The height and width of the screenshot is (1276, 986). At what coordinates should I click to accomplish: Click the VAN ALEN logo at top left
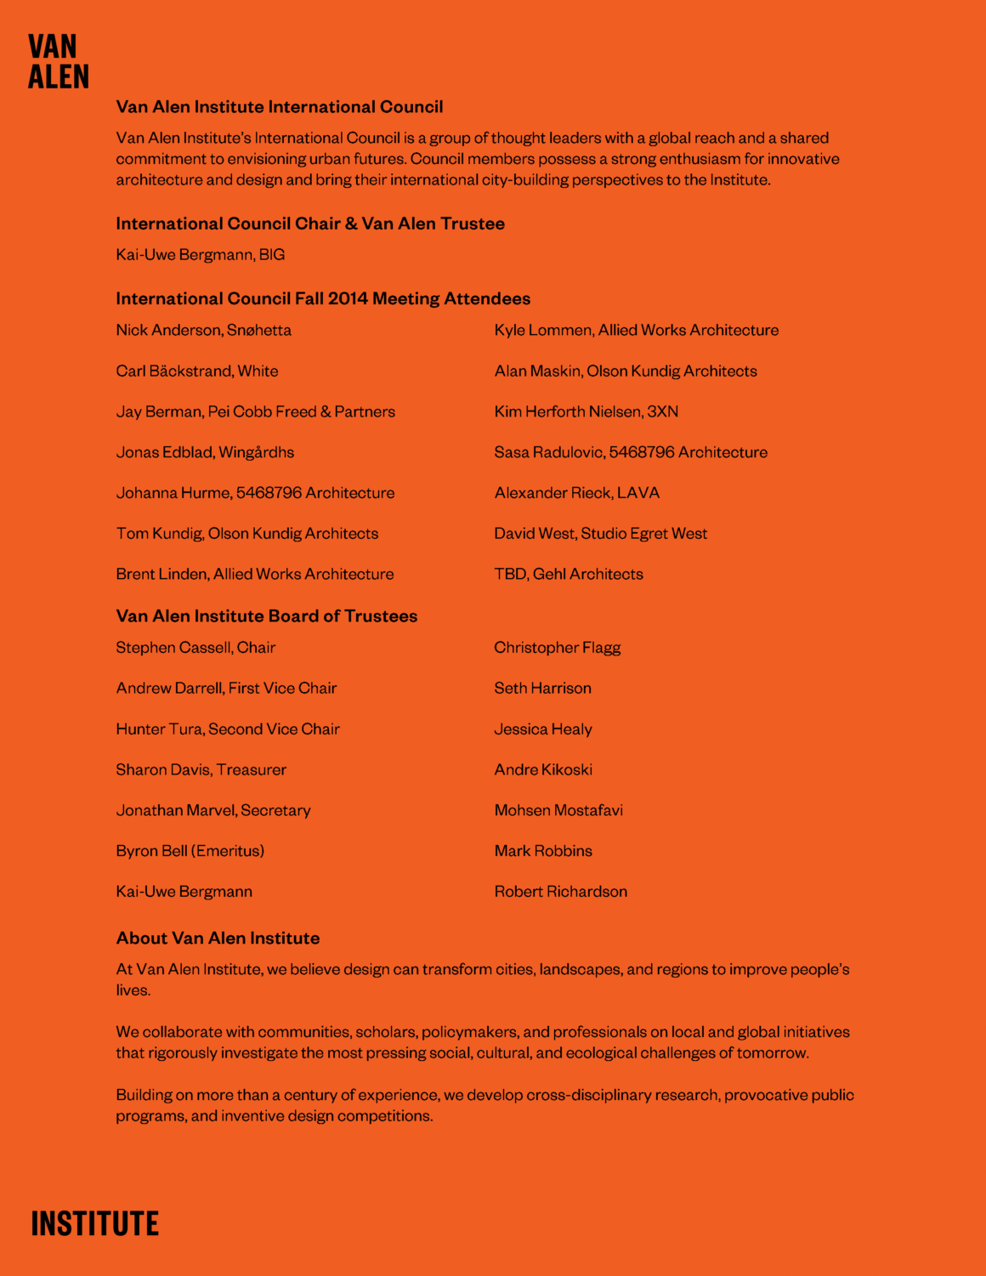coord(58,61)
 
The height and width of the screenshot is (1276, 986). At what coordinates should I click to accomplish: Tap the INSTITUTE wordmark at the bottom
coord(94,1223)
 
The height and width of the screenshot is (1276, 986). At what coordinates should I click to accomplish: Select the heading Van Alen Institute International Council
coord(280,107)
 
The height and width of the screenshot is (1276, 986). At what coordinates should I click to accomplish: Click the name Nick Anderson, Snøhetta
coord(203,330)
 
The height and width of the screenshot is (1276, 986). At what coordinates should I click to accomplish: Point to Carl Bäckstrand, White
coord(197,371)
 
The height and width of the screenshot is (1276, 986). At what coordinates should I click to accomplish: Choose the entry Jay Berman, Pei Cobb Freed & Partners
coord(255,411)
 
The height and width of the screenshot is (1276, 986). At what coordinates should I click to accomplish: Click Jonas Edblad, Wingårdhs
coord(205,452)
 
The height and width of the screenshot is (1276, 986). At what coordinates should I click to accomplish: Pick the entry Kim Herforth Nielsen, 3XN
coord(586,411)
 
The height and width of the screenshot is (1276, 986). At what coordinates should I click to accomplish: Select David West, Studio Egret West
coord(600,534)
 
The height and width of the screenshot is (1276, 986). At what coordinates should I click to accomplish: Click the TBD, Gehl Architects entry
coord(568,575)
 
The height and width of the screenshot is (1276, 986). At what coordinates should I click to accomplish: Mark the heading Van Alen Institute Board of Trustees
coord(266,616)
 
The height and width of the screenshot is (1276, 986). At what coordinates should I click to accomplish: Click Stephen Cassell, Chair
coord(195,648)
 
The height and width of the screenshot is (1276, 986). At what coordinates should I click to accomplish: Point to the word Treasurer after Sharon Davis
coord(252,770)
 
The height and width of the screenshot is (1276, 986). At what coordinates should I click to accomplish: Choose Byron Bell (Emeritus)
coord(190,851)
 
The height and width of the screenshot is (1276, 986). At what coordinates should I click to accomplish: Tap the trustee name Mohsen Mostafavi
coord(558,810)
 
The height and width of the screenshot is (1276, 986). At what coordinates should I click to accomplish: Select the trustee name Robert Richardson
coord(560,892)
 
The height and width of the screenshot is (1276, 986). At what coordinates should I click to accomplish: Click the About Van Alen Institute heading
coord(218,939)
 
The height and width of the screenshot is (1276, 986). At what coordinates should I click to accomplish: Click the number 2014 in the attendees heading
coord(348,299)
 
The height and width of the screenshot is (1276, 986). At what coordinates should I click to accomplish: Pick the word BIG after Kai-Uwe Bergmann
coord(272,255)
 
